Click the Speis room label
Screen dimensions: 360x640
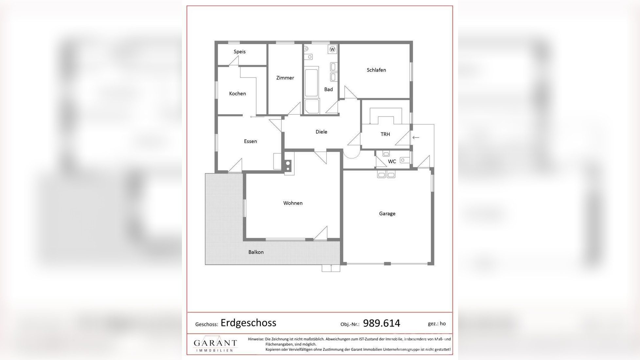click(240, 52)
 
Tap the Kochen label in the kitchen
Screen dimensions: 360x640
click(238, 94)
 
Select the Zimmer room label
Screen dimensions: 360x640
click(285, 78)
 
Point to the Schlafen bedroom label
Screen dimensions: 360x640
click(376, 70)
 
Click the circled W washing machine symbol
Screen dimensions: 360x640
click(332, 49)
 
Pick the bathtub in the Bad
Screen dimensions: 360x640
click(311, 82)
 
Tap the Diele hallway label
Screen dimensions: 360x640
click(321, 132)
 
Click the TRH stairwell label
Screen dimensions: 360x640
click(385, 134)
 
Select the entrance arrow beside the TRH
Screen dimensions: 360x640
click(416, 137)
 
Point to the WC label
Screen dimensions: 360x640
click(392, 161)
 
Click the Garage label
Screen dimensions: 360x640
click(387, 214)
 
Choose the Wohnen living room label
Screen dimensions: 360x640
click(293, 203)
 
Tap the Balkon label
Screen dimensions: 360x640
click(256, 252)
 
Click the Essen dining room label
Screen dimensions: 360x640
click(250, 141)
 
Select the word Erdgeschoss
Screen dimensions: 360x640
click(248, 323)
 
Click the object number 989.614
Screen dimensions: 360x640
click(382, 323)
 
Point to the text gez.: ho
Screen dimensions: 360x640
click(436, 324)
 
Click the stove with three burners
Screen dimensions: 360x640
click(288, 166)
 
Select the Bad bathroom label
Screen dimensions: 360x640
click(329, 89)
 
